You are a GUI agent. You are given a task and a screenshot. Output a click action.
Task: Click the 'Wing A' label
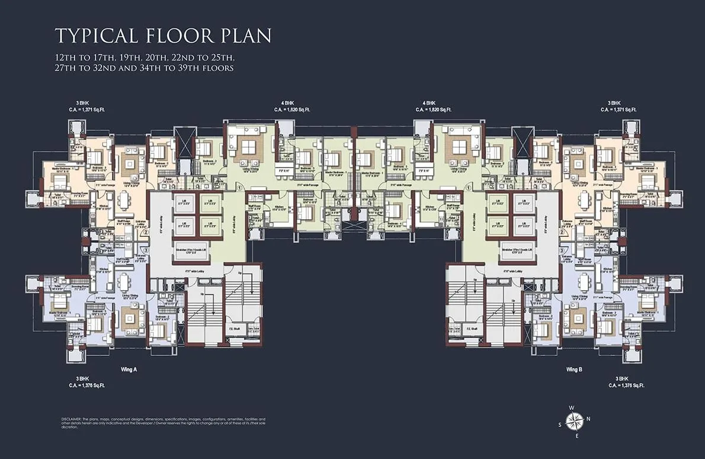pyautogui.click(x=129, y=369)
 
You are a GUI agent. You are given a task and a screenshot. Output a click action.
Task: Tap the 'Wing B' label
pyautogui.click(x=574, y=369)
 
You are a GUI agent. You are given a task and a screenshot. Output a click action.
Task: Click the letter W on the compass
pyautogui.click(x=571, y=407)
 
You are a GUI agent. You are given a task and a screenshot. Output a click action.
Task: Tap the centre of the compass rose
pyautogui.click(x=573, y=421)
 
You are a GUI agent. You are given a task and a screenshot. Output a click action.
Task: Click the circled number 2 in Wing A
pyautogui.click(x=145, y=232)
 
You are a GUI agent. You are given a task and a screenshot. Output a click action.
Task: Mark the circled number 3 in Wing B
pyautogui.click(x=560, y=251)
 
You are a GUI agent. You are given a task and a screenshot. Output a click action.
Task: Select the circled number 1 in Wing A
pyautogui.click(x=238, y=188)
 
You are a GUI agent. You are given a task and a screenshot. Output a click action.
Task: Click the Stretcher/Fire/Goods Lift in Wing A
pyautogui.click(x=190, y=250)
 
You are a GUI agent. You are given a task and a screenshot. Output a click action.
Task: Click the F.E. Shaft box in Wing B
pyautogui.click(x=472, y=329)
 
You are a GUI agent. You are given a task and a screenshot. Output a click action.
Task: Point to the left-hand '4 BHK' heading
pyautogui.click(x=288, y=102)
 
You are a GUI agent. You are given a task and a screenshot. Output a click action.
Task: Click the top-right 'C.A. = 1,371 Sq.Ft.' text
pyautogui.click(x=619, y=110)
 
